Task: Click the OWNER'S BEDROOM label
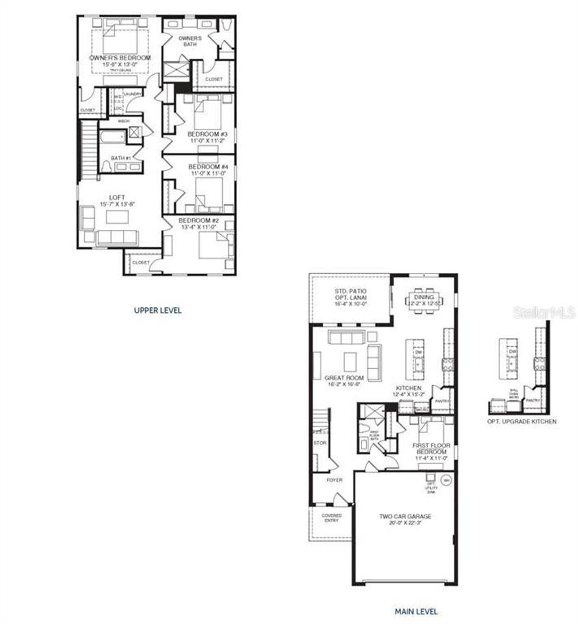coord(120,58)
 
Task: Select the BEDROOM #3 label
coord(207,134)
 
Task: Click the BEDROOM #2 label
coord(199,221)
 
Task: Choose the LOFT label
coord(117,198)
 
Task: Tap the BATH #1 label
coord(121,158)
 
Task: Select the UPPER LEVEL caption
coord(158,310)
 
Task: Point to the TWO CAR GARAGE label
coord(405,516)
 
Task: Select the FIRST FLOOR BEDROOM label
coord(431,448)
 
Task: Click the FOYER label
coord(334,480)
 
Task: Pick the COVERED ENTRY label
coord(331,518)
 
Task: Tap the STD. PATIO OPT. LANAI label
coord(350,295)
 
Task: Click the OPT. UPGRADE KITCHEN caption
coord(522,421)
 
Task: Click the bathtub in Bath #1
coord(111,137)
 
